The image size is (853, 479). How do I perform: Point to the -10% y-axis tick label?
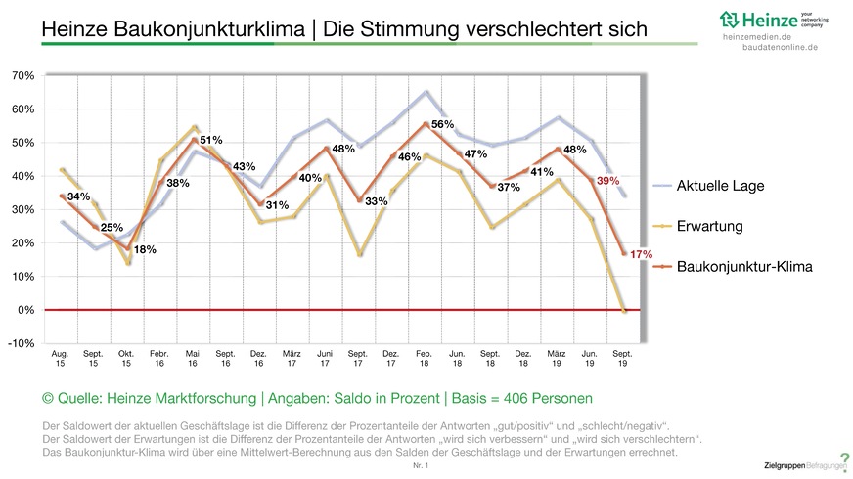22,343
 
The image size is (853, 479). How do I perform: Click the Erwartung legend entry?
708,226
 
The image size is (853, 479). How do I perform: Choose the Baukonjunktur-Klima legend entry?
743,265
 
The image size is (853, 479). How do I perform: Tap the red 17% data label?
641,254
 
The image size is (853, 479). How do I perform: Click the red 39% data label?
635,182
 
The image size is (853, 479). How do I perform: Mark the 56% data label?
443,124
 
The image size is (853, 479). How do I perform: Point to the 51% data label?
211,140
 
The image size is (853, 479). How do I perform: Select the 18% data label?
145,250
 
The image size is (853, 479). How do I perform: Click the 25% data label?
112,228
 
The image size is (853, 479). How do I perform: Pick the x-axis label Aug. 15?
60,358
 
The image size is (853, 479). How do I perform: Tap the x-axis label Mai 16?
193,358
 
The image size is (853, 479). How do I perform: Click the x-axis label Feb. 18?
424,358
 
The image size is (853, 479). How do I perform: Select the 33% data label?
377,201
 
